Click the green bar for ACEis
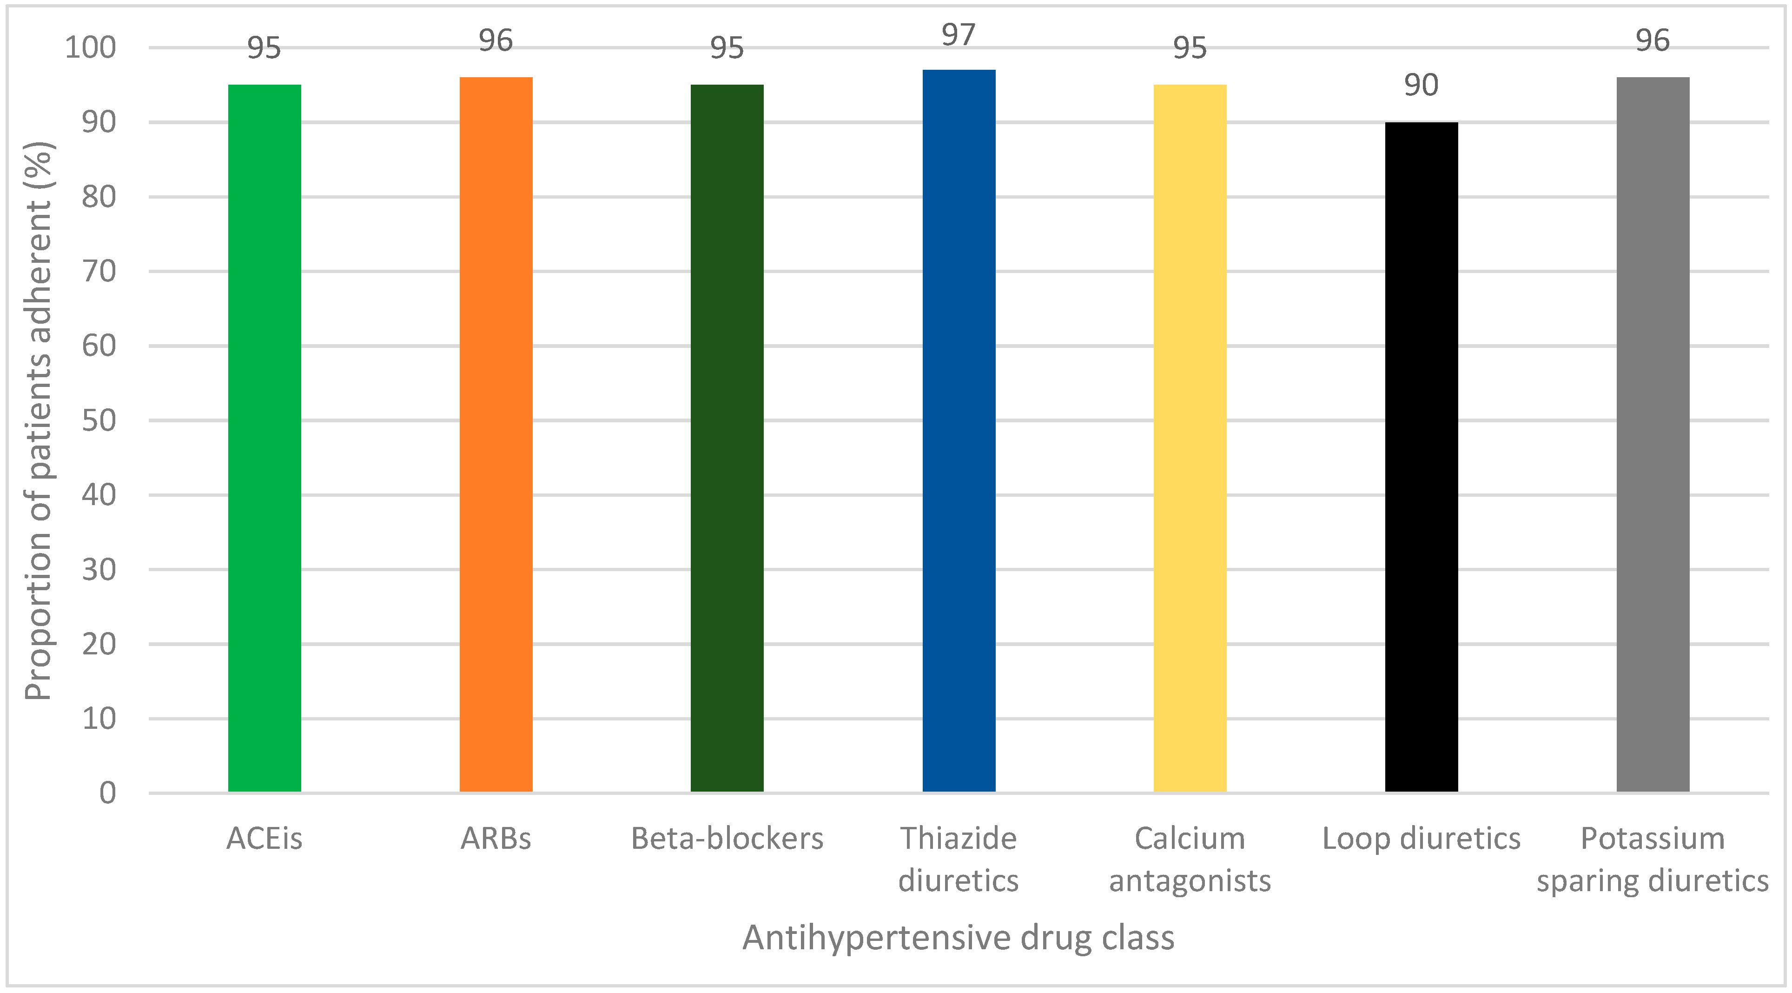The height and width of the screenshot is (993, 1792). (265, 439)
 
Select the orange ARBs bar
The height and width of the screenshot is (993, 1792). (496, 435)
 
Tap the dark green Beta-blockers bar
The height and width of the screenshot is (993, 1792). (727, 439)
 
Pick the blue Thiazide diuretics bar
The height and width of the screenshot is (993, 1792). (959, 432)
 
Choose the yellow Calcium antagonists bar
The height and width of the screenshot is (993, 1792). (1190, 439)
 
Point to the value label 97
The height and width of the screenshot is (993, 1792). (959, 35)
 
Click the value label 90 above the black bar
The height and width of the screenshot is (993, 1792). (1421, 86)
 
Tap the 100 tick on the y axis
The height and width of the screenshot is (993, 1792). (91, 48)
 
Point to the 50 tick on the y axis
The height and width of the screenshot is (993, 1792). (99, 421)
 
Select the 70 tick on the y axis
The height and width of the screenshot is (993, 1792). (99, 271)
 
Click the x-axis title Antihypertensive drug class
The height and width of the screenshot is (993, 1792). (959, 938)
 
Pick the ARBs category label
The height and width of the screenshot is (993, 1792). (496, 839)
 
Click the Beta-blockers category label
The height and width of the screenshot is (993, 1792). (727, 839)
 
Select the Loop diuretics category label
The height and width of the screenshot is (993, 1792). (1421, 839)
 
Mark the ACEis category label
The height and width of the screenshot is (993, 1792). (265, 839)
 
